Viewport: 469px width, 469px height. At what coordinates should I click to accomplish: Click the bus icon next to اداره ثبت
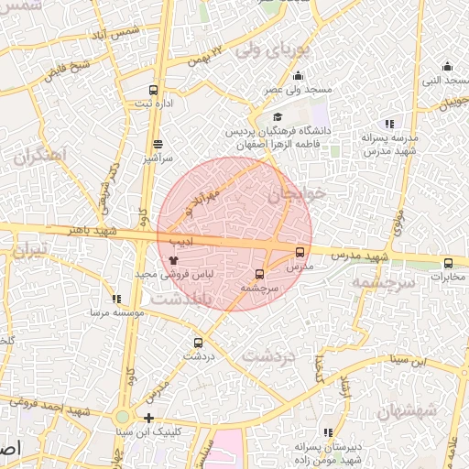pyautogui.click(x=153, y=90)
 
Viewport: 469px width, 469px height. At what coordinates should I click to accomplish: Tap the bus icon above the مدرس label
pyautogui.click(x=300, y=252)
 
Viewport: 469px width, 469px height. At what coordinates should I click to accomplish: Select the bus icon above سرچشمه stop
pyautogui.click(x=259, y=274)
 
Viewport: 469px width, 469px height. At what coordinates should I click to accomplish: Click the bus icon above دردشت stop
pyautogui.click(x=198, y=344)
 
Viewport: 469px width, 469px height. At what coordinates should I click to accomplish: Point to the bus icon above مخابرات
pyautogui.click(x=448, y=263)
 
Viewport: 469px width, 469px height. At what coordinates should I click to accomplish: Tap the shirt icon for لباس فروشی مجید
pyautogui.click(x=173, y=260)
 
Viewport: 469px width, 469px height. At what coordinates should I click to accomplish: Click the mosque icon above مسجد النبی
pyautogui.click(x=447, y=65)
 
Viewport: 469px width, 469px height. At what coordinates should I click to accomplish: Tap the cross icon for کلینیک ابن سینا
pyautogui.click(x=148, y=418)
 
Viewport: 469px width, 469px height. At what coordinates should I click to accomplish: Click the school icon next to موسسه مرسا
pyautogui.click(x=115, y=299)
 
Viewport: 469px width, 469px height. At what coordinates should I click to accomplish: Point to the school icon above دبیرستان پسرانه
pyautogui.click(x=328, y=431)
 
